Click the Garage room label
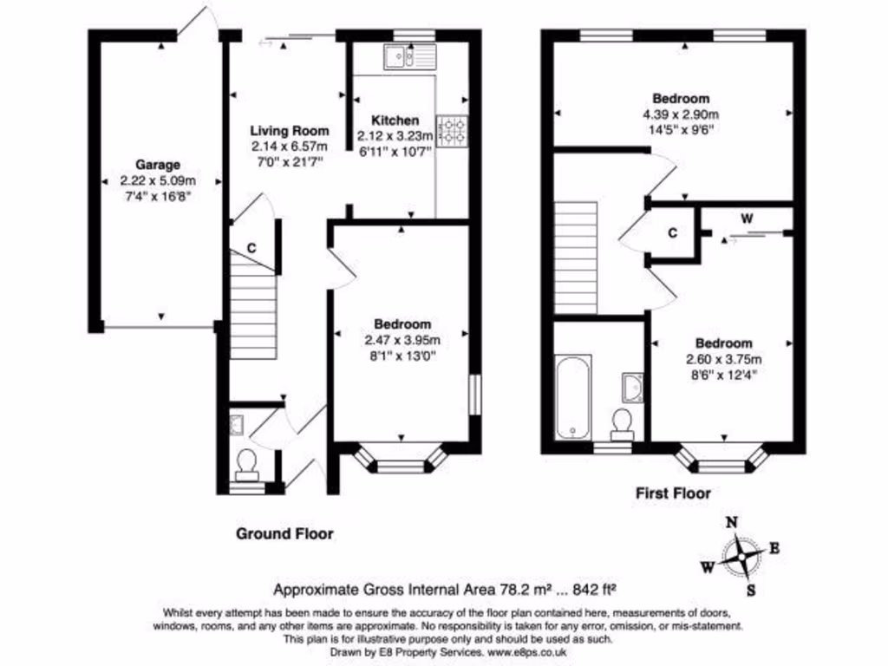click(x=157, y=165)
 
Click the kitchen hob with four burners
click(x=452, y=132)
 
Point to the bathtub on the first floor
click(x=572, y=396)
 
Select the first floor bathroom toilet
click(x=622, y=422)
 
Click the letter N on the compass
click(x=731, y=522)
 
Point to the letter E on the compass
click(x=774, y=547)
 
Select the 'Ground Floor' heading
click(x=284, y=533)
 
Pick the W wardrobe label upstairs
click(x=746, y=219)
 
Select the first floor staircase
click(x=575, y=258)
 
